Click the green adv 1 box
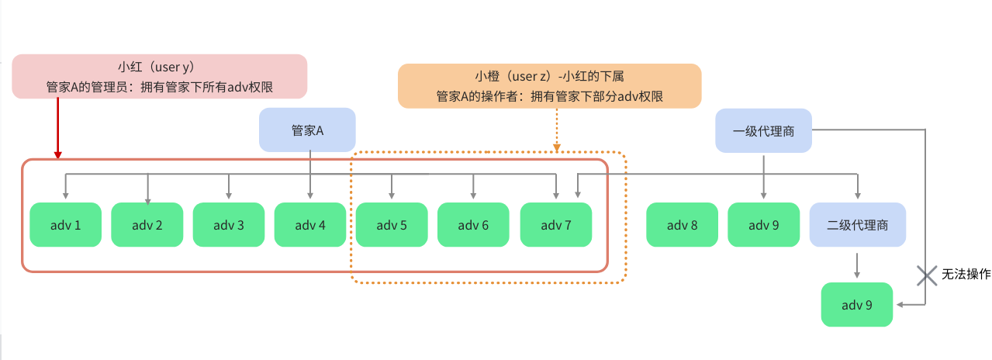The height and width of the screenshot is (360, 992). [x=66, y=224]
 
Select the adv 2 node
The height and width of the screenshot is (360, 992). [x=147, y=224]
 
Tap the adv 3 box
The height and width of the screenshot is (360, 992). [x=229, y=224]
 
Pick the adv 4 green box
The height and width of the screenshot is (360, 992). [x=310, y=224]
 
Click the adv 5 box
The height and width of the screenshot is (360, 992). [x=392, y=224]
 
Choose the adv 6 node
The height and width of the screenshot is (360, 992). [x=473, y=224]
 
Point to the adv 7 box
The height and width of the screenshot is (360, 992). [x=556, y=224]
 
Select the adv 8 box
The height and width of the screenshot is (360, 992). [x=682, y=224]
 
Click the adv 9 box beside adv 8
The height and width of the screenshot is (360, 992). [x=763, y=224]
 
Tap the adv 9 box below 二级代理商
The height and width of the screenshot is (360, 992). [x=856, y=305]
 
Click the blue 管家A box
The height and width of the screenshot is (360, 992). [x=307, y=130]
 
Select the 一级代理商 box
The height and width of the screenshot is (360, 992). [x=763, y=130]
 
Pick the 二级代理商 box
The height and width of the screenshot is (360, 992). [x=857, y=224]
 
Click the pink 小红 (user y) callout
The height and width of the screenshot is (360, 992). [x=160, y=76]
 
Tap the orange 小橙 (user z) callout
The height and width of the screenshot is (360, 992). [x=550, y=86]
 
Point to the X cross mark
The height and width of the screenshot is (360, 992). [x=926, y=276]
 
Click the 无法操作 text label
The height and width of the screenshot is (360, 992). [x=966, y=274]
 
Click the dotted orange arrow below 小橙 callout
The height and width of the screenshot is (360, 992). [x=557, y=130]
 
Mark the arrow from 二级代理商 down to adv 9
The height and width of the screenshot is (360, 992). [x=857, y=265]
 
